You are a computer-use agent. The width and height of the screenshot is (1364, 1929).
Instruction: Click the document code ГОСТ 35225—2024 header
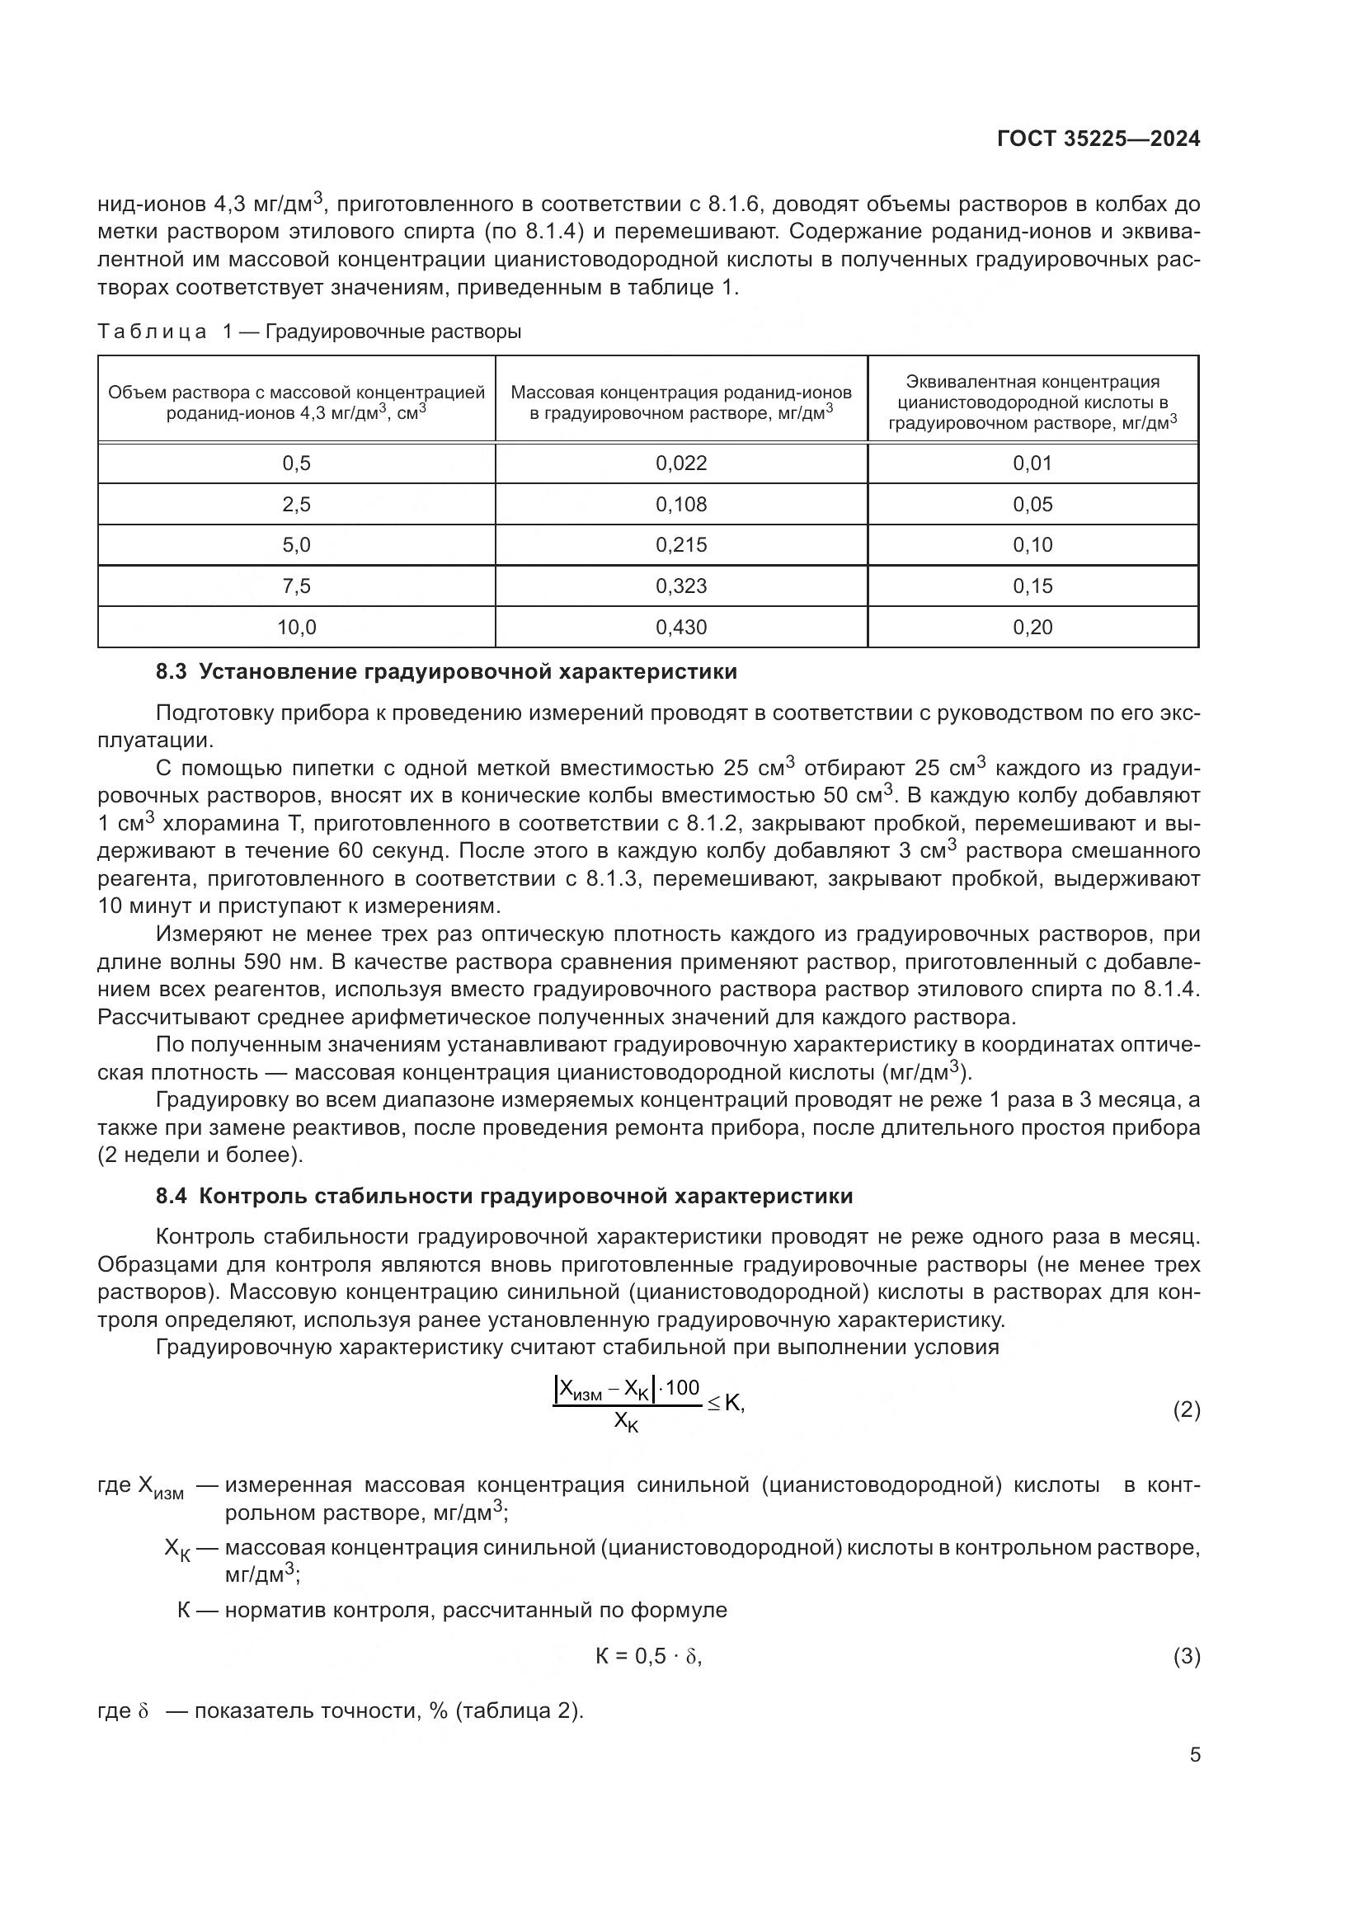1098,139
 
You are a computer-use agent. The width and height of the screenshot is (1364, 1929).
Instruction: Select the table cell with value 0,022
680,463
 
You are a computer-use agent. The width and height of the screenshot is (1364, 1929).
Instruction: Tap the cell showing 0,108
680,504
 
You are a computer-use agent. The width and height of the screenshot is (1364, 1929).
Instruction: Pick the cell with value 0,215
680,545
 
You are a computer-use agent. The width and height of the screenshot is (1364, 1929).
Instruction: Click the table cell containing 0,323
680,586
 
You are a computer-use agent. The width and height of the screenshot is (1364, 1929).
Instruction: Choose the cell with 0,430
680,627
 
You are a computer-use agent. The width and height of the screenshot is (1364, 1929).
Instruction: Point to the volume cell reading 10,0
297,627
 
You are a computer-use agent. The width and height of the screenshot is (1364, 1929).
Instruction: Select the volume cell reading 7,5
297,586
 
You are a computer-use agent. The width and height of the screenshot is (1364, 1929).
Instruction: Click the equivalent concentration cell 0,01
1032,463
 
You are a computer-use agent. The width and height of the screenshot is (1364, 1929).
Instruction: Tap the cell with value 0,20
1032,627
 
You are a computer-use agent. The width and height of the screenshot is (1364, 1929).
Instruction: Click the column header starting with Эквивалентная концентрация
1032,402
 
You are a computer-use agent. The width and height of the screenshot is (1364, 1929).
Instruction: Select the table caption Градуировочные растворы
393,332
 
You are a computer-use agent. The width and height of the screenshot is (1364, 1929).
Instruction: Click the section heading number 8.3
172,672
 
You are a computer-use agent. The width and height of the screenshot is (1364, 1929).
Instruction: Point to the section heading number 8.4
172,1197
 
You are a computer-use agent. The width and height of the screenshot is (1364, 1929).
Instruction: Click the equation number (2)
1186,1409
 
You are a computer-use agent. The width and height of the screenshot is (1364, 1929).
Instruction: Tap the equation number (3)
1186,1657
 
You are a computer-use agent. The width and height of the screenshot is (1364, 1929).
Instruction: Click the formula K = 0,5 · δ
647,1657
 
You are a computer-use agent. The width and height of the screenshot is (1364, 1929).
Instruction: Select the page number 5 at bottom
1194,1755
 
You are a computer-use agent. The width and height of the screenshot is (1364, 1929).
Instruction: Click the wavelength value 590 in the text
265,962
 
